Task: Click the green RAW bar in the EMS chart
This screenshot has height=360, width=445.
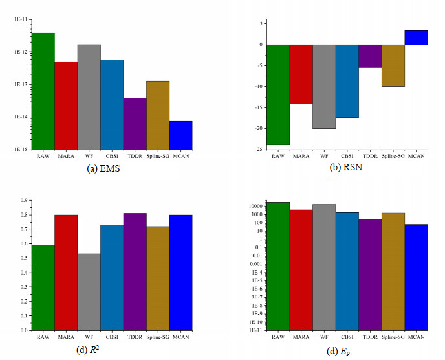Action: (43, 91)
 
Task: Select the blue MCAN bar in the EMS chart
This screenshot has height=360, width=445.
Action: (180, 135)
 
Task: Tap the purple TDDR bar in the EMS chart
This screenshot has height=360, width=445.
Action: (135, 123)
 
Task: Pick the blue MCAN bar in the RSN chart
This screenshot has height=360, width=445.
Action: (416, 38)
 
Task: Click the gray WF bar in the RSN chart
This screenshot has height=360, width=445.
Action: (324, 86)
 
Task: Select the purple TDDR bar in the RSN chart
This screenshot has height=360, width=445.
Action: (370, 56)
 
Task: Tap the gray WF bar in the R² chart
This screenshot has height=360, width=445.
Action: (89, 291)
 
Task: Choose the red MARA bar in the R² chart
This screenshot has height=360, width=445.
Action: (66, 272)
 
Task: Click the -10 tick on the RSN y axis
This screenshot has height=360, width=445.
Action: (259, 86)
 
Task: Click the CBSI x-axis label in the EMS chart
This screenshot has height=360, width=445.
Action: (112, 156)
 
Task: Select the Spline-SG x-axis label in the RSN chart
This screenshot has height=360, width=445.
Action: (393, 156)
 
